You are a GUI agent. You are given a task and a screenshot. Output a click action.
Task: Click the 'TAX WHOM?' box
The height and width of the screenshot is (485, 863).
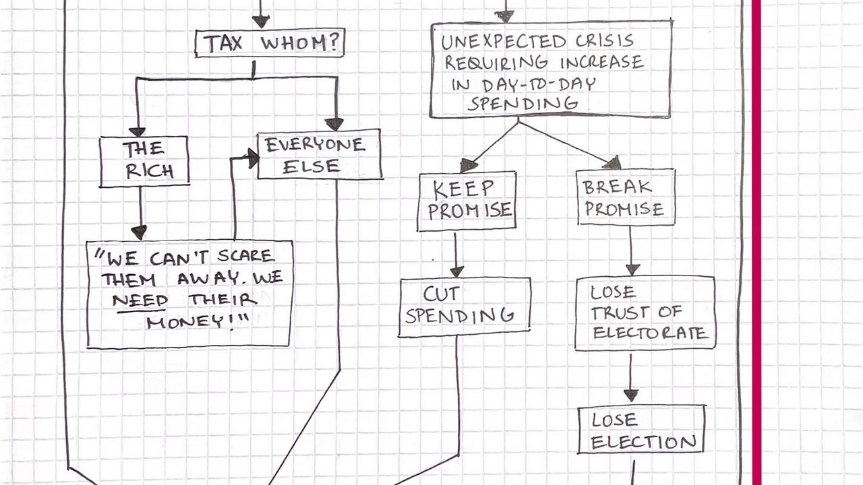[270, 44]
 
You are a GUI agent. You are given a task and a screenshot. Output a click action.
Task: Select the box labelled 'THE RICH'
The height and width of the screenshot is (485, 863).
[144, 161]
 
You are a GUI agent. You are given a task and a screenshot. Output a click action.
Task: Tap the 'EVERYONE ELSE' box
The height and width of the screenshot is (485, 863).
[320, 155]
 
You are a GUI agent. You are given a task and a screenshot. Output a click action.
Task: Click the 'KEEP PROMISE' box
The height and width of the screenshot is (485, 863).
[467, 201]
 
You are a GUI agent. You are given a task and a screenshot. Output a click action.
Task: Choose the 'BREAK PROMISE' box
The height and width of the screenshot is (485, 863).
[625, 197]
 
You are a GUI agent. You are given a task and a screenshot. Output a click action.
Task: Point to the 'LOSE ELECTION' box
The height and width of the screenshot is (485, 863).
[641, 430]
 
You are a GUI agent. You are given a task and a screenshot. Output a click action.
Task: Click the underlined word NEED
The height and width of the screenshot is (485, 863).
[140, 300]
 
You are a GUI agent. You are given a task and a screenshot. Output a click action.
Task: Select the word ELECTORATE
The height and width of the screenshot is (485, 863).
[650, 333]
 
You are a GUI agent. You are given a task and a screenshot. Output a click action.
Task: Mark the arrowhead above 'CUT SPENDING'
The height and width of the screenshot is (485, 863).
[456, 271]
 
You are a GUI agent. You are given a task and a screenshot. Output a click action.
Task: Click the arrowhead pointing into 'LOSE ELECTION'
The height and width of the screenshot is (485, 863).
[630, 395]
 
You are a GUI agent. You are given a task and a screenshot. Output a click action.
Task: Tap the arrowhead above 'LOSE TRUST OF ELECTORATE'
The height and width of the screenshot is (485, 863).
[632, 268]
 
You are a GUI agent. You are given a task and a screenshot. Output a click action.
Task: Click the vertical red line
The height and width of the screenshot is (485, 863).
[756, 243]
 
